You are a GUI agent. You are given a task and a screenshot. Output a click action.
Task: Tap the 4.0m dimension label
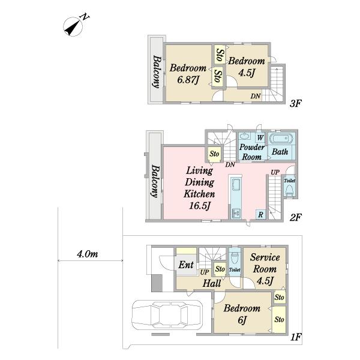pyautogui.click(x=88, y=254)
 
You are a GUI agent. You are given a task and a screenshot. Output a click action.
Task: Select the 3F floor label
pyautogui.click(x=295, y=104)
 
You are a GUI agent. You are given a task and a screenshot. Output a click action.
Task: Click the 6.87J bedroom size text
pyautogui.click(x=188, y=80)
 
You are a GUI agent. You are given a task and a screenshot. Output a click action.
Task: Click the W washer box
pyautogui.click(x=260, y=138)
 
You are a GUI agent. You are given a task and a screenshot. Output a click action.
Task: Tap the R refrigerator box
pyautogui.click(x=260, y=215)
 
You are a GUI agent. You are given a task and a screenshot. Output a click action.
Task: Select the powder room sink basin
pyautogui.click(x=245, y=136)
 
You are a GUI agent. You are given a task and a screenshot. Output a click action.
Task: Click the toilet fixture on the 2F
pyautogui.click(x=289, y=191)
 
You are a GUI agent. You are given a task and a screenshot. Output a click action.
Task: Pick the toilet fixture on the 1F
pyautogui.click(x=235, y=258)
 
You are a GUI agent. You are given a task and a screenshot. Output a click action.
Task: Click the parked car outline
pyautogui.click(x=167, y=314)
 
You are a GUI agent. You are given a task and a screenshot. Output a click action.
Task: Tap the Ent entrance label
pyautogui.click(x=186, y=265)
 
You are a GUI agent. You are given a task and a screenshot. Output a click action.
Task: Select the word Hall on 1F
pyautogui.click(x=212, y=283)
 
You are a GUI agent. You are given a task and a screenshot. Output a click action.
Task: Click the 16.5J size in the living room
pyautogui.click(x=200, y=206)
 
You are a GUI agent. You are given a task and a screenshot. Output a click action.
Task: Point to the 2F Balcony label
pyautogui.click(x=155, y=181)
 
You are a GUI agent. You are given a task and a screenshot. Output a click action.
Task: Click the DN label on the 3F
pyautogui.click(x=256, y=96)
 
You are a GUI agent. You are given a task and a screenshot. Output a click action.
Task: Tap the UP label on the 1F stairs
pyautogui.click(x=205, y=272)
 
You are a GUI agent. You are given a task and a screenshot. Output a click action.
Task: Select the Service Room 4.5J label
pyautogui.click(x=265, y=269)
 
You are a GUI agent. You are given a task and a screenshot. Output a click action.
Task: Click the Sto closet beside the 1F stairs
pyautogui.click(x=220, y=269)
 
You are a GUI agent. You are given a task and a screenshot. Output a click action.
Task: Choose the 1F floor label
pyautogui.click(x=296, y=337)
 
